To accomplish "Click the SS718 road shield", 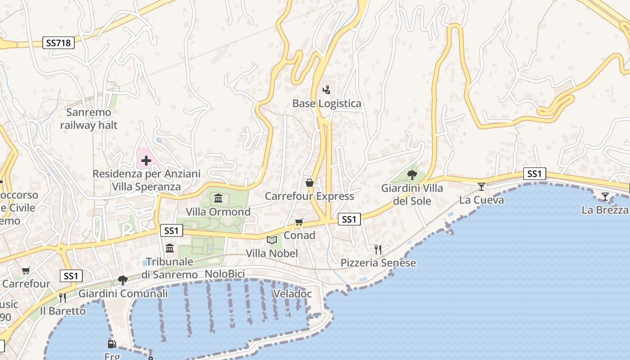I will (59, 43).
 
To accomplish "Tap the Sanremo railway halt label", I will (89, 119).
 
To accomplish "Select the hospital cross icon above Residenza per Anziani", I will (146, 160).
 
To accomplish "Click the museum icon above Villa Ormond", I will (218, 198).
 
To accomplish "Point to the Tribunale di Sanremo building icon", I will (170, 248).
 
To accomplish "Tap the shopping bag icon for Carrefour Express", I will (310, 183).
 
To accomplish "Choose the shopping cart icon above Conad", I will (299, 222).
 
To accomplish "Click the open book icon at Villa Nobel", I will (271, 240).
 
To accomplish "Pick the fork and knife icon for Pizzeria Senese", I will (378, 250).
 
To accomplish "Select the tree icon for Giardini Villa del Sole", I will (412, 175).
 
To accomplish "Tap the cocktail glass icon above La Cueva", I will (481, 186).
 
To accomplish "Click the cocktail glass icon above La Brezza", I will (605, 196).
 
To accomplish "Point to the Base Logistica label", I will (327, 103).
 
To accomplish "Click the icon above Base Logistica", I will (327, 90).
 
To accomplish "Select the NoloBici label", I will (225, 274).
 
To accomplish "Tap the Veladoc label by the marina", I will (292, 294).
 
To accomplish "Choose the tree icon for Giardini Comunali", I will (122, 280).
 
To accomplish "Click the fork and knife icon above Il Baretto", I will (62, 297).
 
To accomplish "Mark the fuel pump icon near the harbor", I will (112, 344).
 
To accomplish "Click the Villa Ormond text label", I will (218, 212).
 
